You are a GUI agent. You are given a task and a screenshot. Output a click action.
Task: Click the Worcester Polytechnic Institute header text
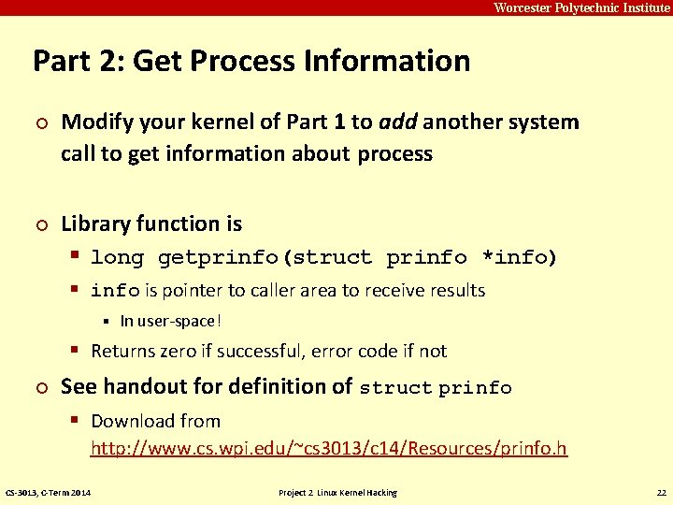pos(581,7)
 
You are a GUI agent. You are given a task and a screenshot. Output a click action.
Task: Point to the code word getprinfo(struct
pos(265,257)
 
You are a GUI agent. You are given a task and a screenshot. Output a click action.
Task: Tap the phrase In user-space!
pos(171,321)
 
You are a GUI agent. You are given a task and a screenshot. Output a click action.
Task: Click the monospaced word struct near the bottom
pos(395,387)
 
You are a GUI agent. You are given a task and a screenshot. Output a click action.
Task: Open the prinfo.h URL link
pos(328,449)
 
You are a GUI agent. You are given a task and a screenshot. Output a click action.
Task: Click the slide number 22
pos(660,493)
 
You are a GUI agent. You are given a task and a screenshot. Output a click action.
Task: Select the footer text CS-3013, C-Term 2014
pos(49,493)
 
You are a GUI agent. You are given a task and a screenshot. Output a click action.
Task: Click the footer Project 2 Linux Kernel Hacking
pos(337,493)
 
